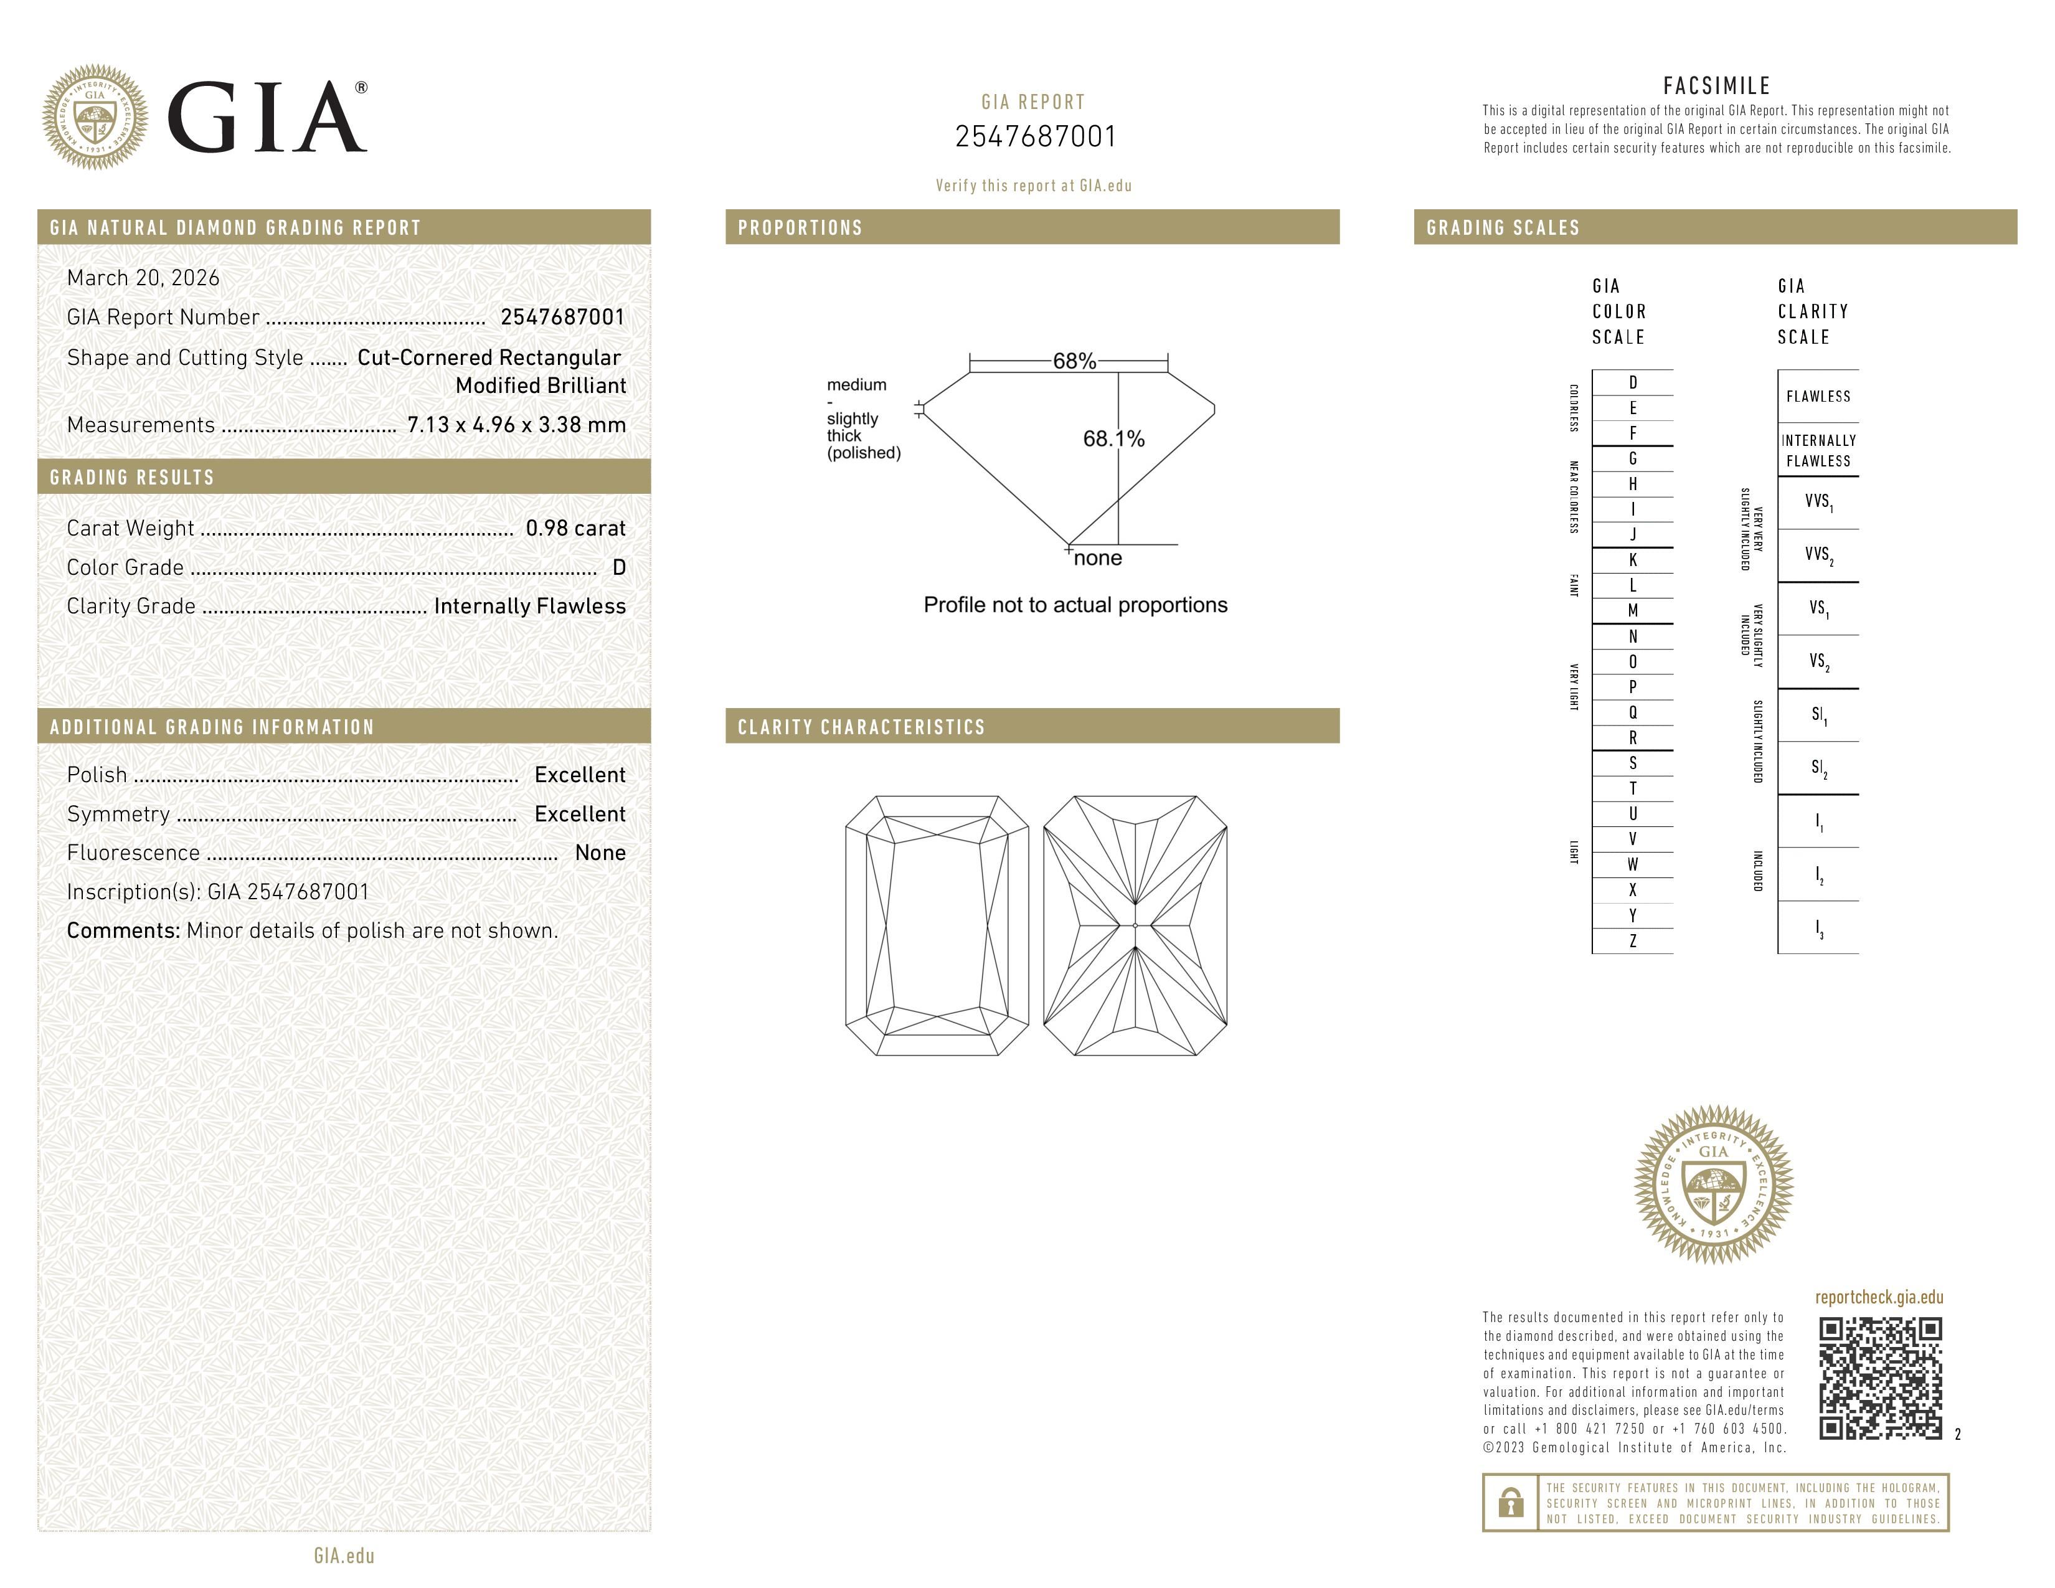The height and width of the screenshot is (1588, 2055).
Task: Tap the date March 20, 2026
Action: click(x=143, y=278)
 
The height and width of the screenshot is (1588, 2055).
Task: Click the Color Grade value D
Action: click(x=618, y=567)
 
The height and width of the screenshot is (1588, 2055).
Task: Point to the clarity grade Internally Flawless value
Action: click(x=530, y=606)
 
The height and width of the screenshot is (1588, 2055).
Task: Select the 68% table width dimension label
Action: click(x=1074, y=361)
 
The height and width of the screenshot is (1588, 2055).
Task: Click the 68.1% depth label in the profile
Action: click(x=1113, y=438)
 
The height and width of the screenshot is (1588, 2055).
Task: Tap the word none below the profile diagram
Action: click(x=1097, y=558)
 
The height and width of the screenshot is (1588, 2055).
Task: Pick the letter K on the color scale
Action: click(x=1633, y=560)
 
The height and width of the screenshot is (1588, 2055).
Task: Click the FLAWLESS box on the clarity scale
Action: click(x=1818, y=396)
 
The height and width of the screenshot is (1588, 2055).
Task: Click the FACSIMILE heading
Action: click(x=1716, y=85)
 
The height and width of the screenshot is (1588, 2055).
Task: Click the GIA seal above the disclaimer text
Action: click(x=1714, y=1183)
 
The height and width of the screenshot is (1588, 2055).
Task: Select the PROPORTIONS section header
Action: click(x=800, y=228)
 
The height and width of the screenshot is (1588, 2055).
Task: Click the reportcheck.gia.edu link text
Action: click(x=1879, y=1297)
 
